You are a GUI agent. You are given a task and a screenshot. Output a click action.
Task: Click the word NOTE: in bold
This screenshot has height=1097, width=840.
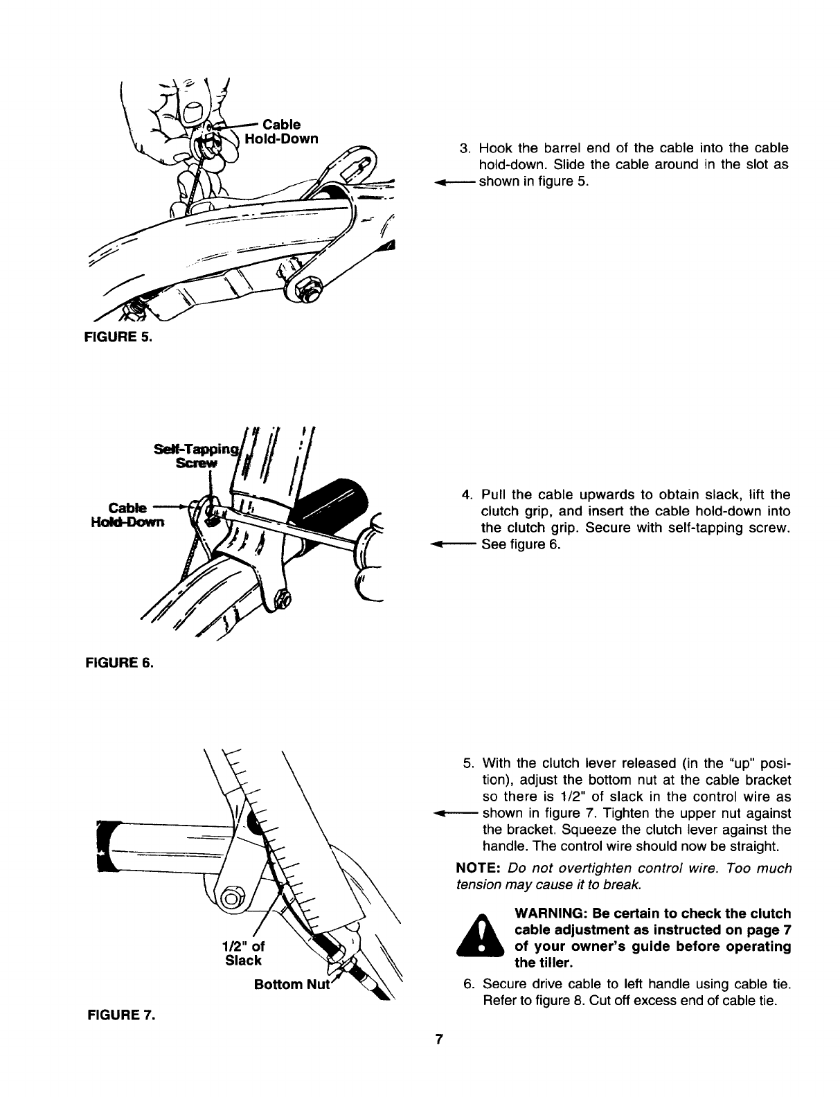(479, 868)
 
